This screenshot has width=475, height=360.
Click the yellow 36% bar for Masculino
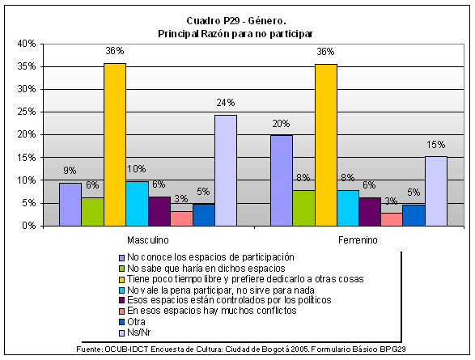(115, 145)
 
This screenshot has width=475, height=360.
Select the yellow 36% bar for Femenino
(326, 145)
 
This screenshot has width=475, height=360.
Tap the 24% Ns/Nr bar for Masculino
(226, 171)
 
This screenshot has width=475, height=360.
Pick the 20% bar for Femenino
(282, 180)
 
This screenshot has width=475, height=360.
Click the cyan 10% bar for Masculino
(138, 204)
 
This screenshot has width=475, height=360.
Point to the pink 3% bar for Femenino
(392, 219)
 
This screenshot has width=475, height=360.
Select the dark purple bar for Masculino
(159, 211)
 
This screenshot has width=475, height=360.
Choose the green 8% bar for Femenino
(303, 208)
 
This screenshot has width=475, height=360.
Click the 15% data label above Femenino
(436, 145)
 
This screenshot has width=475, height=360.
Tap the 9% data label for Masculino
(70, 171)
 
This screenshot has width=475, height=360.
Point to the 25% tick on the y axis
(27, 112)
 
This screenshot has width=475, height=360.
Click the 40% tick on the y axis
(27, 44)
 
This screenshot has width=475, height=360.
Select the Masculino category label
(148, 240)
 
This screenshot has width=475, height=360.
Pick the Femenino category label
(358, 240)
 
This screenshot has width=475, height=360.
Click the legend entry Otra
(136, 321)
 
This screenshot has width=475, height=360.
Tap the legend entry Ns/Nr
(138, 332)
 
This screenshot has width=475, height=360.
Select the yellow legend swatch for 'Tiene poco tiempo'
(121, 279)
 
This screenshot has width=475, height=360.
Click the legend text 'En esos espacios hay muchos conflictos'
(212, 311)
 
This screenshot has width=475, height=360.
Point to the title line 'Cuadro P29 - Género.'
(236, 21)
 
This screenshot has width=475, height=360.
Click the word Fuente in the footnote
(89, 349)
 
